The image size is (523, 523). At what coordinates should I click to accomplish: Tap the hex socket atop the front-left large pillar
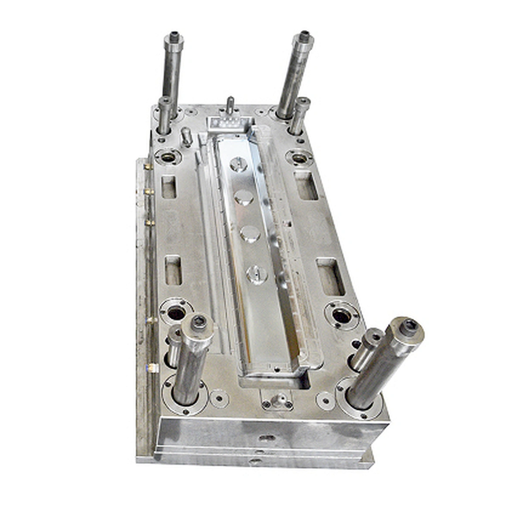[x=199, y=323]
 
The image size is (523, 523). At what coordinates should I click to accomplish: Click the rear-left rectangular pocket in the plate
[x=169, y=187]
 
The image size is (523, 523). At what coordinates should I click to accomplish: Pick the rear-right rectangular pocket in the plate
[x=306, y=185]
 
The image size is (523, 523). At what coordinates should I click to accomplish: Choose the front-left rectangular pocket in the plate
[x=173, y=270]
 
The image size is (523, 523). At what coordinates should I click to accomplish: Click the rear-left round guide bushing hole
[x=168, y=156]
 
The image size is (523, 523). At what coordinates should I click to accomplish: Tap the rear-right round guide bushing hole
[x=299, y=157]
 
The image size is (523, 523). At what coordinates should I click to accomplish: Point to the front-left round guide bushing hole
[x=176, y=312]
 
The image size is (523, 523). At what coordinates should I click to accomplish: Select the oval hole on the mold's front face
[x=267, y=437]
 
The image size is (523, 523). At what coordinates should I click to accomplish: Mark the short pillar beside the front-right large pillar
[x=367, y=349]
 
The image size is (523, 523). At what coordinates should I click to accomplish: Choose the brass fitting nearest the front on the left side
[x=153, y=367]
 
